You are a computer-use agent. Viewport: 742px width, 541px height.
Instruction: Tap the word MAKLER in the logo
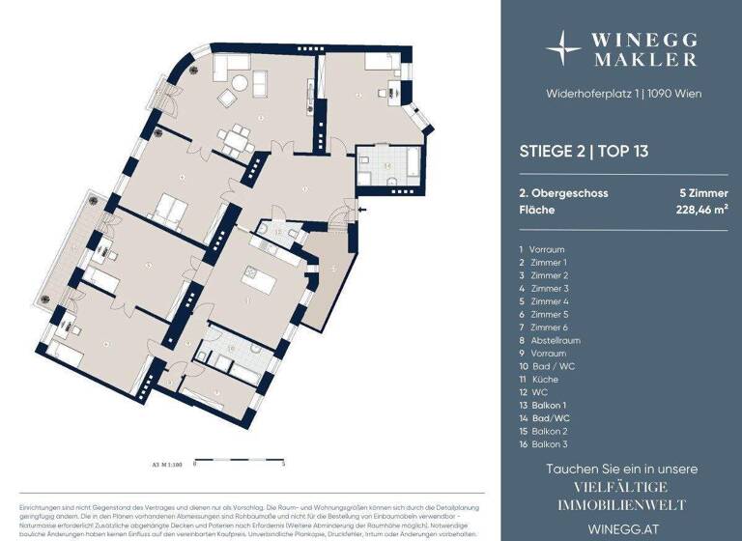click(x=645, y=59)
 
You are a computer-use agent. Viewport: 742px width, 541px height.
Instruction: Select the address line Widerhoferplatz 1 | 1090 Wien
click(x=619, y=94)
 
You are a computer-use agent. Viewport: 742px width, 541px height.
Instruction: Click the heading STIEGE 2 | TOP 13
click(x=580, y=151)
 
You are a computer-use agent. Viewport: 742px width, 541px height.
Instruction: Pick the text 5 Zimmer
click(x=703, y=192)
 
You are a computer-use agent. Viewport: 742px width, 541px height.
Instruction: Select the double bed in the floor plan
click(x=172, y=207)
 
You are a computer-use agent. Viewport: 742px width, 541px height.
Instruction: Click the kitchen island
click(x=261, y=287)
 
